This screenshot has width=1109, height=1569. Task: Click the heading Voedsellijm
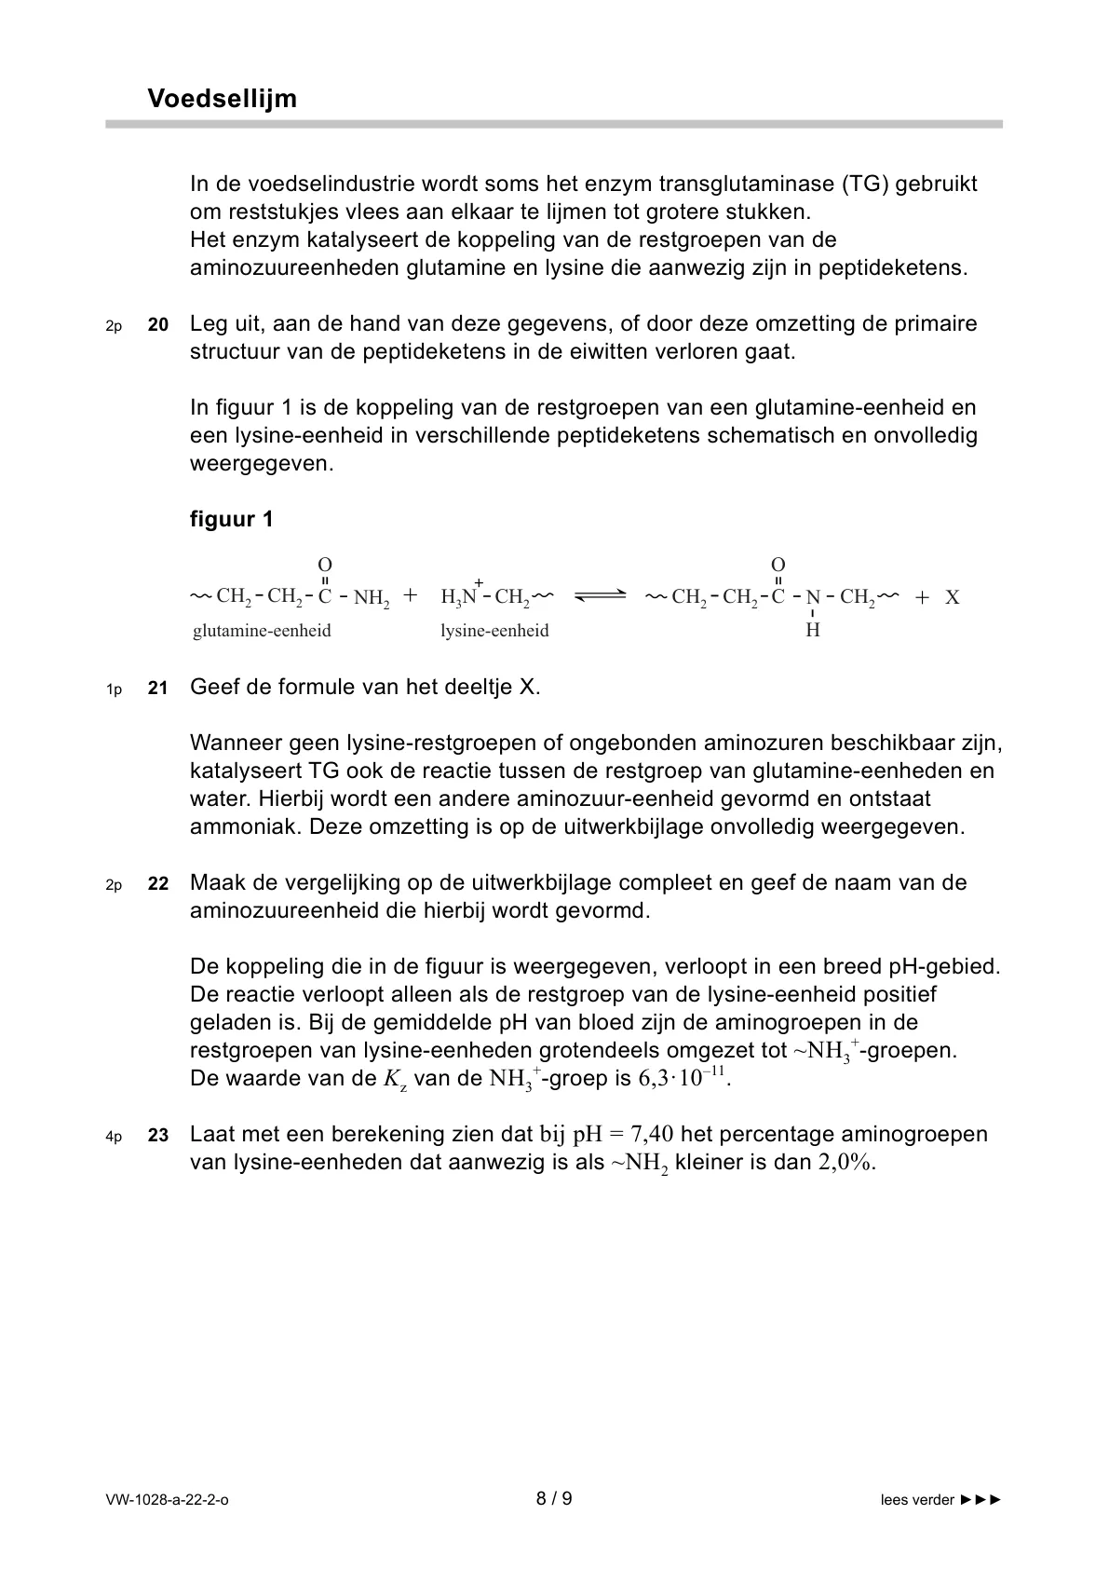[222, 99]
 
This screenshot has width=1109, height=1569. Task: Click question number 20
[158, 325]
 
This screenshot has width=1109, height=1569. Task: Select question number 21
[158, 689]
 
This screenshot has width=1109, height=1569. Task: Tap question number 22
[158, 884]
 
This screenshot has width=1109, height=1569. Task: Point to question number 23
[158, 1136]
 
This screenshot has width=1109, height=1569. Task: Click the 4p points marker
[114, 1137]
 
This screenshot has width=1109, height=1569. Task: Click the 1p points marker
[114, 689]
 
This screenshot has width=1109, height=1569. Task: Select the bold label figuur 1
[232, 520]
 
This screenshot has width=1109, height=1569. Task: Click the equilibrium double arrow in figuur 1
[600, 597]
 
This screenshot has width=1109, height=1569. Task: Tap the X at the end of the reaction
[953, 598]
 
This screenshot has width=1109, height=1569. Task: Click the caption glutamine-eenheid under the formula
[262, 631]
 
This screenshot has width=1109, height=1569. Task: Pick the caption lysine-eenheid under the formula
[494, 631]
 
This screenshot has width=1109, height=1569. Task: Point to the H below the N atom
[813, 631]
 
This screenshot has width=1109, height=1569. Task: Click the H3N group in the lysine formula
[460, 597]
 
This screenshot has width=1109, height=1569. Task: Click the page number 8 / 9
[554, 1499]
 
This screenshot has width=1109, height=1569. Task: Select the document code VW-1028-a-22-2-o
[167, 1500]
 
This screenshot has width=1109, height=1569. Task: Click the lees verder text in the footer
[917, 1500]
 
